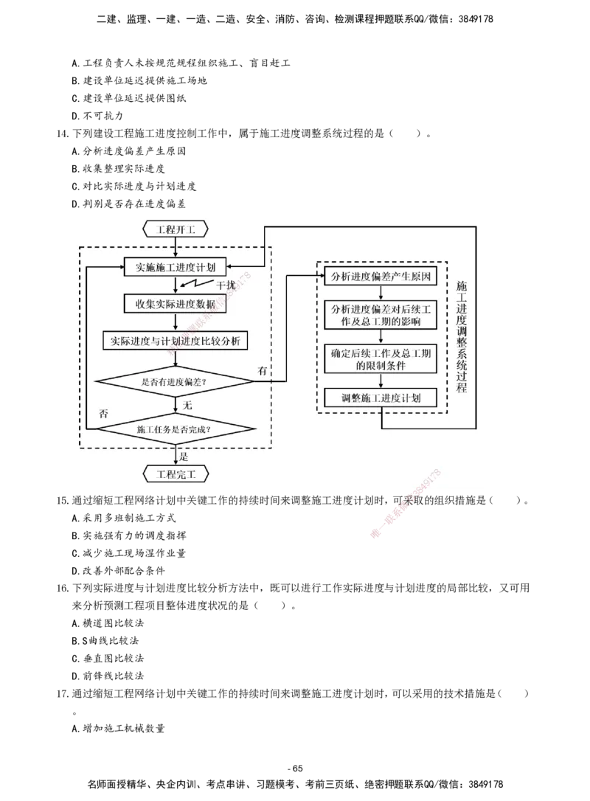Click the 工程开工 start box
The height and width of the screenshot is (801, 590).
coord(176,228)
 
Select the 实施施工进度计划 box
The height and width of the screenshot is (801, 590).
coord(176,266)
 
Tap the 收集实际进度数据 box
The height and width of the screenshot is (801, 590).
coord(176,304)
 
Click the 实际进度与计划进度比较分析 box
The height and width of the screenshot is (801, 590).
coord(176,341)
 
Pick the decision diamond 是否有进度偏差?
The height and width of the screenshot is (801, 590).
coord(176,381)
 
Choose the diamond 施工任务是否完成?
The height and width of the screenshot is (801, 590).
coord(176,429)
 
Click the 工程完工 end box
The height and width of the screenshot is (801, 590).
coord(176,472)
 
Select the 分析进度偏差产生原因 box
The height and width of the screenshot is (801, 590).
coord(381,277)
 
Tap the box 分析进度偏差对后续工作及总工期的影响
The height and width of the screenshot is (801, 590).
coord(381,314)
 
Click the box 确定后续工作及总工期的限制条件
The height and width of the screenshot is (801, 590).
coord(381,358)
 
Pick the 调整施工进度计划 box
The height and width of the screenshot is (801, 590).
coord(381,398)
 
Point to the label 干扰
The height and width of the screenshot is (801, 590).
coord(226,285)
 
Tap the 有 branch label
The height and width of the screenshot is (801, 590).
coord(263,369)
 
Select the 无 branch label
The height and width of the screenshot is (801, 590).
coord(187,405)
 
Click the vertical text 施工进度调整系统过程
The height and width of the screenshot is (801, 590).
coord(462,336)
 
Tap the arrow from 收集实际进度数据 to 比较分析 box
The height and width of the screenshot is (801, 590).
coord(176,322)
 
